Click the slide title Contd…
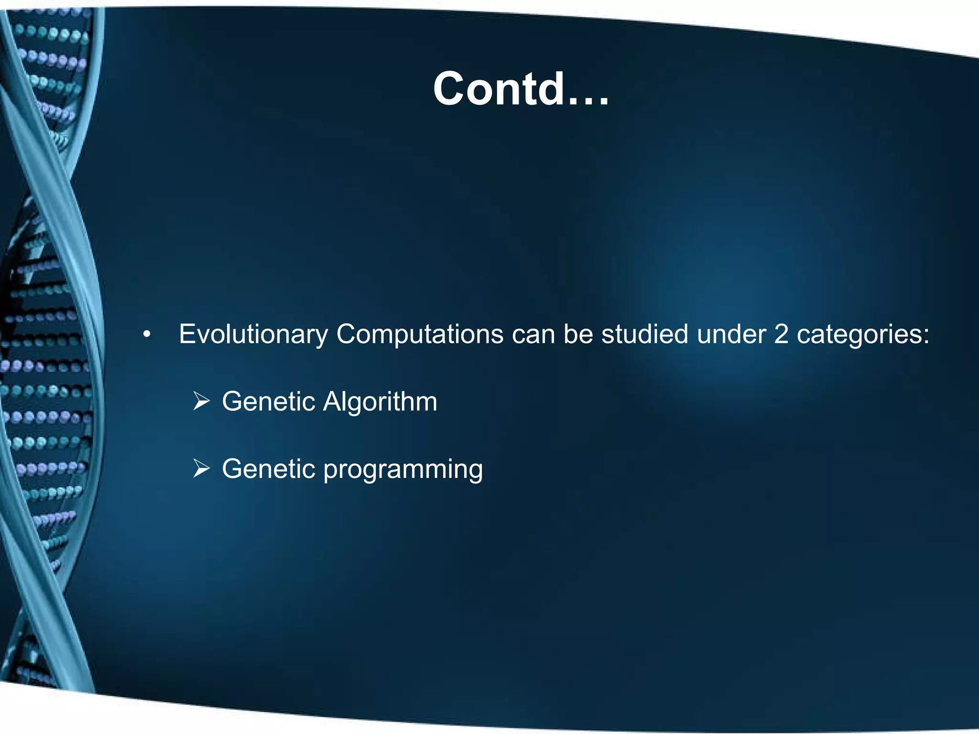click(x=521, y=89)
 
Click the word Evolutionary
click(x=253, y=335)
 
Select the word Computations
click(x=419, y=335)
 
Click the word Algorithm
click(x=380, y=402)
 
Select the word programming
click(x=403, y=470)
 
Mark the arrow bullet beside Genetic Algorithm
click(x=201, y=401)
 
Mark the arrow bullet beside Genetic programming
click(x=201, y=469)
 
